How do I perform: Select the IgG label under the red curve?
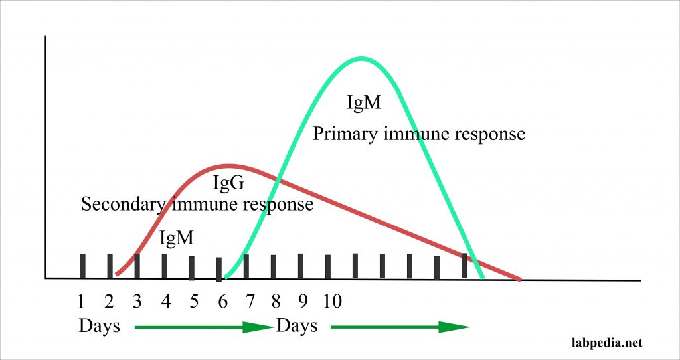point(228,183)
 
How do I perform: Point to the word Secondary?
point(122,204)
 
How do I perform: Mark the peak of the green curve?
point(361,59)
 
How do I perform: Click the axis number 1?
point(81,302)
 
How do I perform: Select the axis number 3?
point(137,302)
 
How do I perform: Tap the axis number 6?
point(222,302)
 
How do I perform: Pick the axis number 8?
point(276,302)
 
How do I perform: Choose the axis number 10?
point(332,302)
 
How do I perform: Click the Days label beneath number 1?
point(99,326)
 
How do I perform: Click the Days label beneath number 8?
point(297,326)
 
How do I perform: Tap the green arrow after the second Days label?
point(400,327)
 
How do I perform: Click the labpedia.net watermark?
point(608,342)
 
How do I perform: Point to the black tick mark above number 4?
point(165,266)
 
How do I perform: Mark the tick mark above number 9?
point(301,266)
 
